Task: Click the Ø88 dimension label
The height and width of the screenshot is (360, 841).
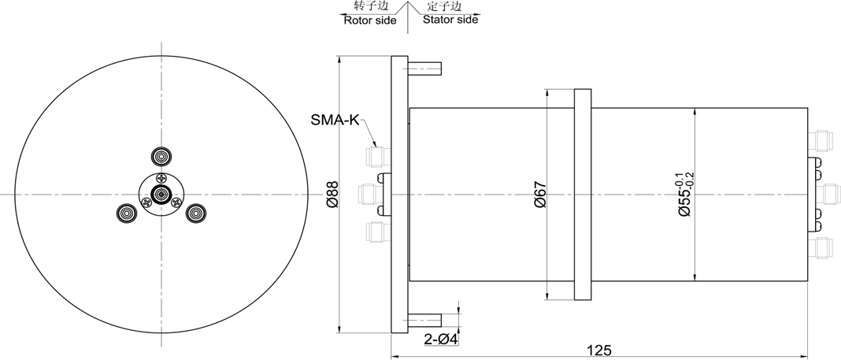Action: pyautogui.click(x=332, y=195)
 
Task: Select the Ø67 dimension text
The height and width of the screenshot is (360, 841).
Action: pyautogui.click(x=539, y=195)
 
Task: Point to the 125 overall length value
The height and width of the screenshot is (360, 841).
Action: pyautogui.click(x=599, y=351)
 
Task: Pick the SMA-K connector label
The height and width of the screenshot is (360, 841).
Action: pyautogui.click(x=335, y=119)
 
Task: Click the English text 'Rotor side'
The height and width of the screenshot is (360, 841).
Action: pyautogui.click(x=369, y=20)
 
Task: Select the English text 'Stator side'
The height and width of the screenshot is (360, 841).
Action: pyautogui.click(x=450, y=20)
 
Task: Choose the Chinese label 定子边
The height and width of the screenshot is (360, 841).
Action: pyautogui.click(x=445, y=6)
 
